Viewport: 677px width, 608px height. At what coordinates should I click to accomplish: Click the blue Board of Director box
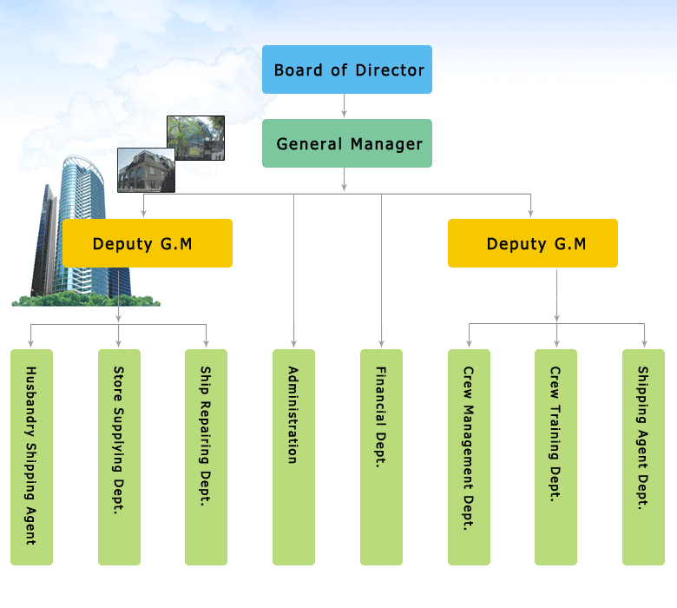(347, 69)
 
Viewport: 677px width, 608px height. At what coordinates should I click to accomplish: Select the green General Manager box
(347, 143)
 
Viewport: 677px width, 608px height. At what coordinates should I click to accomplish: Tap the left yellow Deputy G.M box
(148, 243)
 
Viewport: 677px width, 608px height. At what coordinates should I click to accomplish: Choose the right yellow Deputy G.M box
(533, 243)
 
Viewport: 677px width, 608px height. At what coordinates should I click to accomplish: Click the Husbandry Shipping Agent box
(31, 457)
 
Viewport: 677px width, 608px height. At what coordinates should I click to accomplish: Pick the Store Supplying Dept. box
(119, 457)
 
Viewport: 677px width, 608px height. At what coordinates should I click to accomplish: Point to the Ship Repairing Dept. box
(206, 457)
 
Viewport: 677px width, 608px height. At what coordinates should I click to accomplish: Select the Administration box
(293, 457)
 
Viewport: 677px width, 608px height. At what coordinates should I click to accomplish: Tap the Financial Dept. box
(381, 457)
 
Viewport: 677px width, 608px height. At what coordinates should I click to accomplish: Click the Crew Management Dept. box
(469, 457)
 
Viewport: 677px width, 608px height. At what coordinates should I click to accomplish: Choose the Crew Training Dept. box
(555, 457)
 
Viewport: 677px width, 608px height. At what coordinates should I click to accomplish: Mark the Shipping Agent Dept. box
(643, 457)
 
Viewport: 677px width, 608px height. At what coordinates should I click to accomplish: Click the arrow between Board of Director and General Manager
(344, 105)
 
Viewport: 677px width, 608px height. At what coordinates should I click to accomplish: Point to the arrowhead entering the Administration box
(293, 344)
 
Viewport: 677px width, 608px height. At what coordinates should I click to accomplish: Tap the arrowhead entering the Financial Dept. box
(381, 344)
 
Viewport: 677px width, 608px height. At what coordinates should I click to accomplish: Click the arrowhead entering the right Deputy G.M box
(530, 213)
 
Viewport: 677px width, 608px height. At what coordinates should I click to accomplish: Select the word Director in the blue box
(390, 70)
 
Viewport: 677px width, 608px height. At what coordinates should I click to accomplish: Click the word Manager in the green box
(386, 144)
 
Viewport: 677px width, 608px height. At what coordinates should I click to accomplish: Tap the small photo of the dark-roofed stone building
(146, 170)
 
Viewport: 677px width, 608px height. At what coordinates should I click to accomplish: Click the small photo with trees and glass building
(195, 138)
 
